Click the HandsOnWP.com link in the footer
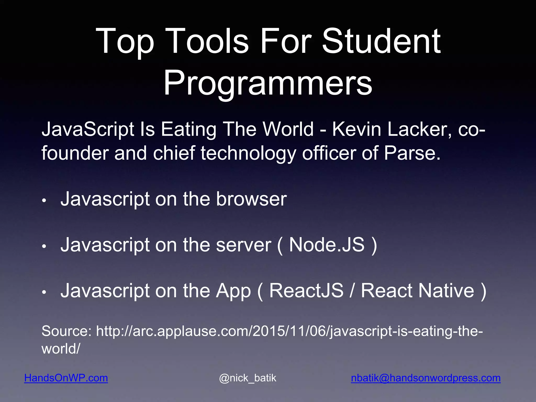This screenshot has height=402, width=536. tap(66, 378)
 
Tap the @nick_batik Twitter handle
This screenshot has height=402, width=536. tap(248, 378)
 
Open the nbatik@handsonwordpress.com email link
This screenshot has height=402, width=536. tap(426, 378)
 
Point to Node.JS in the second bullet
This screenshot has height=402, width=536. tap(327, 245)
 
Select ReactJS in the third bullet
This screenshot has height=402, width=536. tap(306, 291)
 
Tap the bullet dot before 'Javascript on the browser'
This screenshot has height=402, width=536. tap(44, 201)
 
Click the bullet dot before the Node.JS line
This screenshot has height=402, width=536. tap(44, 247)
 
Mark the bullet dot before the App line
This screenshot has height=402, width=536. tap(44, 292)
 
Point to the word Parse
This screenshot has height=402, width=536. tap(412, 153)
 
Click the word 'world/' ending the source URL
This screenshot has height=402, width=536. tap(61, 349)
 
